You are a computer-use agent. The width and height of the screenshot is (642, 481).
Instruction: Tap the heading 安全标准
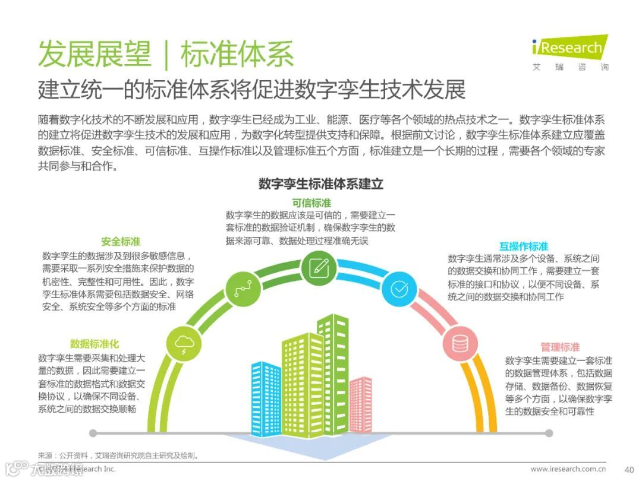121,242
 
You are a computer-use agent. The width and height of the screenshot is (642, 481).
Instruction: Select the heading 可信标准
311,203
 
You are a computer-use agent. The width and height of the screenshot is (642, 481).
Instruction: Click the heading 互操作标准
524,246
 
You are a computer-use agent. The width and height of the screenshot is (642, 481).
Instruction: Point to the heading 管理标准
560,347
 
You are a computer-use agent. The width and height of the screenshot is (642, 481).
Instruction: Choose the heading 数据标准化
95,344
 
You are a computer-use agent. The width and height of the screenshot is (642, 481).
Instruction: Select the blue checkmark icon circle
398,289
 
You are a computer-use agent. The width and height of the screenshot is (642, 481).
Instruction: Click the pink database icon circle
460,343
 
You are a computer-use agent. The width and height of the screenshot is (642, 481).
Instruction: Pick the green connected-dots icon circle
243,289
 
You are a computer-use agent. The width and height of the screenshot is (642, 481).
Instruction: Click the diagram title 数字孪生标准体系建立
321,184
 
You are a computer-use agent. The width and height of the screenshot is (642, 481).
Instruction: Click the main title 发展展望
95,55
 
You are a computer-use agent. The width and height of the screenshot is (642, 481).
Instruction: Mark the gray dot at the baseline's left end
93,433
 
